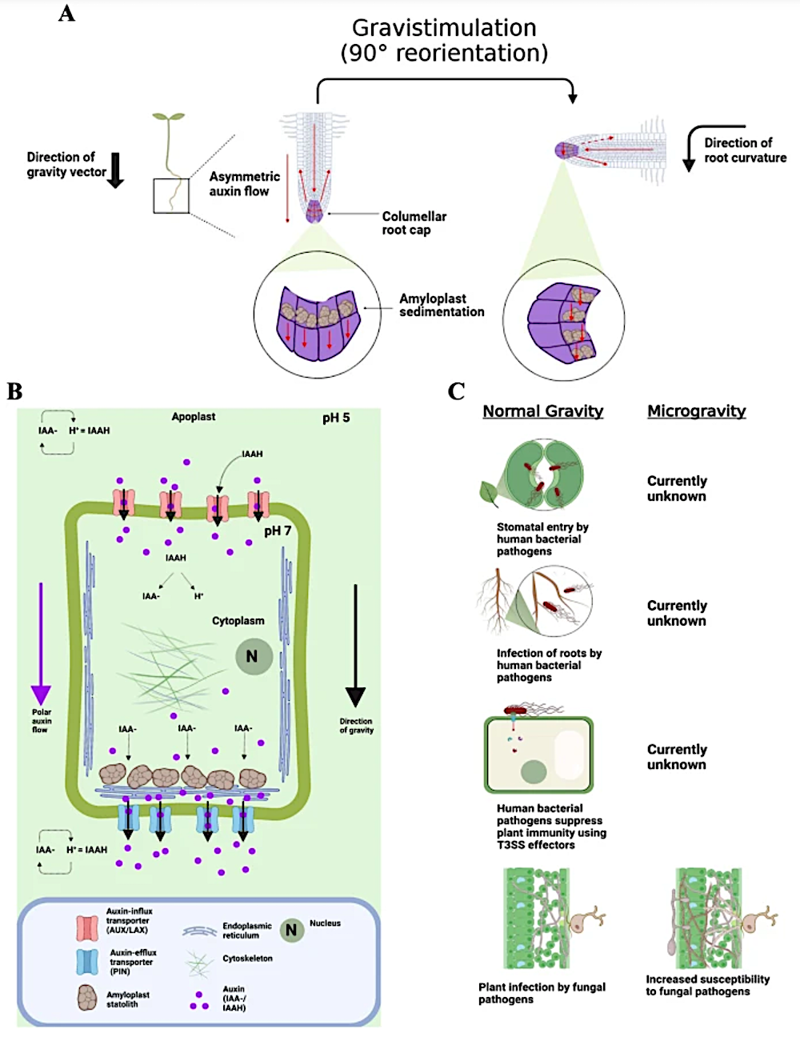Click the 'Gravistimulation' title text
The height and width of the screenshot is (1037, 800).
444,28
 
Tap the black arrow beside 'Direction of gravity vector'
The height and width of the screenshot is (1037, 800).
115,170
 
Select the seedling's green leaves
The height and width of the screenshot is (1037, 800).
168,116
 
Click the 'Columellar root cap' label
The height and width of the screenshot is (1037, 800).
414,223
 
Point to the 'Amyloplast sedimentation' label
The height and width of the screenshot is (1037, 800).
442,305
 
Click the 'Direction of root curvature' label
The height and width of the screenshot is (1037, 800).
745,150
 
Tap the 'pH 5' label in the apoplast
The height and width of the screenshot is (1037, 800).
336,418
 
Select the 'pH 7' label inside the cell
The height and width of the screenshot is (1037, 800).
277,531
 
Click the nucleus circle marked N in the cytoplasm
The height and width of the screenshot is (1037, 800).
254,657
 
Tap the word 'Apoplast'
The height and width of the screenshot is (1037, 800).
194,417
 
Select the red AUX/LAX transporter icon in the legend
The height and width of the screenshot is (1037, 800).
87,928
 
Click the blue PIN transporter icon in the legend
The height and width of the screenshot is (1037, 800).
87,962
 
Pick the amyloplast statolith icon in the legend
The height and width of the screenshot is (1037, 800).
87,997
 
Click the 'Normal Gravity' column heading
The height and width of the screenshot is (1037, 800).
543,411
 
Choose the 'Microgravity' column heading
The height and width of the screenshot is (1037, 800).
697,411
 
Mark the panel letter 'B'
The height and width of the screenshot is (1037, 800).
14,392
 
